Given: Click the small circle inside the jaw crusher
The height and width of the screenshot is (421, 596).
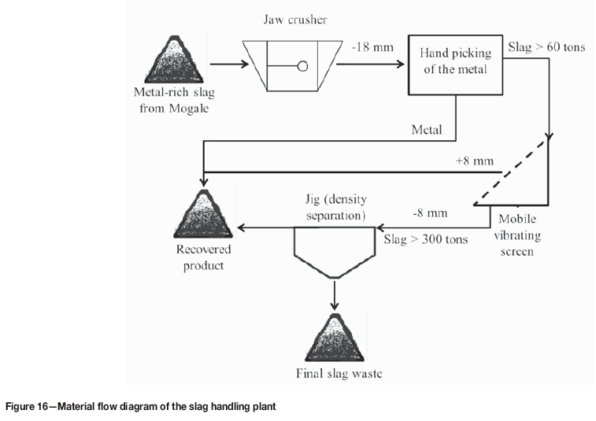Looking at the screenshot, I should click(302, 67).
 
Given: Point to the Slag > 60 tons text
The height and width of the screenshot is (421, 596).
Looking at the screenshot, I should click(546, 48).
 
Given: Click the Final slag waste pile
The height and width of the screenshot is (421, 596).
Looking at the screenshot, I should click(335, 338).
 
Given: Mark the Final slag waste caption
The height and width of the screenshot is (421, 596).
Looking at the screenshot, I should click(335, 374).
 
